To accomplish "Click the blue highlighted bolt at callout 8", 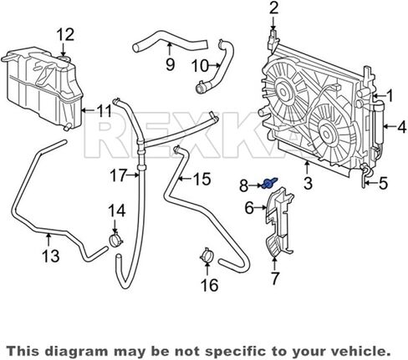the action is [x=269, y=183].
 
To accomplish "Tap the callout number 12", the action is [x=66, y=35].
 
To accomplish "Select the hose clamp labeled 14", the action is [x=115, y=240].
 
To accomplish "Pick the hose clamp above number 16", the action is [x=207, y=255].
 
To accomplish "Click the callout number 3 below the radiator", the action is [x=308, y=184].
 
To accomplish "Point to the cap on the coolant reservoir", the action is [x=64, y=59].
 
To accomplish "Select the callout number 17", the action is [x=119, y=175].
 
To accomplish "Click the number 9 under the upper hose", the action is [x=170, y=64].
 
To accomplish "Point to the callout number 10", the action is [x=200, y=67].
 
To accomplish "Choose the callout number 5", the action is [x=384, y=184].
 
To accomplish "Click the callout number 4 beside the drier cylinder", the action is [x=401, y=127].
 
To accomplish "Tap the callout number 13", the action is [x=51, y=256].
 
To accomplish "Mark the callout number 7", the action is [x=275, y=278].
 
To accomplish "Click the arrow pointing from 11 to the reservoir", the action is [x=89, y=110].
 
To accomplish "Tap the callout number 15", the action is [x=202, y=179].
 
